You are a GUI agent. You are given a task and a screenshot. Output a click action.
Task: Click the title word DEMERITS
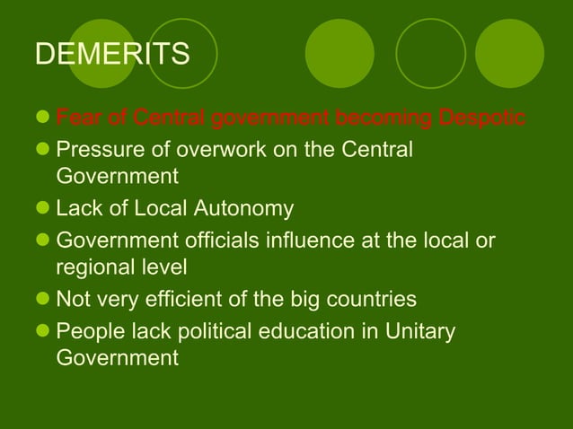click(112, 54)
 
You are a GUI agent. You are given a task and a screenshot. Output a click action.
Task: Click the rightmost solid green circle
click(509, 54)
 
